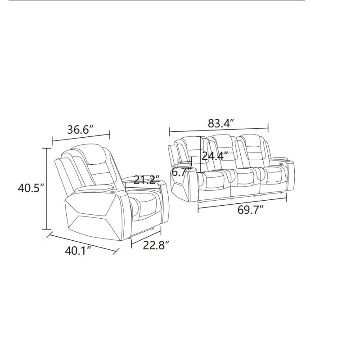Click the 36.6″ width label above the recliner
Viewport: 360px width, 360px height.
point(81,130)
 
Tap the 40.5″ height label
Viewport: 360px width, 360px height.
point(31,188)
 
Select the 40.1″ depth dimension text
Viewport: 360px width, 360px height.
point(78,251)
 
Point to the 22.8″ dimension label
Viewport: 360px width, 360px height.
point(156,245)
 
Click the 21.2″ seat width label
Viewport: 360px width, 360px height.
point(147,180)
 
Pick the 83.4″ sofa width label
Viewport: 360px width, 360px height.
point(221,123)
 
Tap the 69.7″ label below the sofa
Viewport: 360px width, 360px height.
point(250,210)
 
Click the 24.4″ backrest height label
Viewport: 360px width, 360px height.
point(215,156)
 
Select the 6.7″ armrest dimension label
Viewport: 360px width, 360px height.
point(182,172)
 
